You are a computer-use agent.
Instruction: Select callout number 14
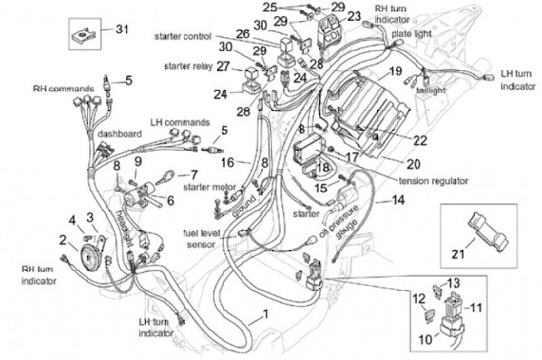pyautogui.click(x=398, y=200)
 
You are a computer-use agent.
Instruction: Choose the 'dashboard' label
pyautogui.click(x=120, y=134)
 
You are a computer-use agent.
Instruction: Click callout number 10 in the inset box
pyautogui.click(x=426, y=340)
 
